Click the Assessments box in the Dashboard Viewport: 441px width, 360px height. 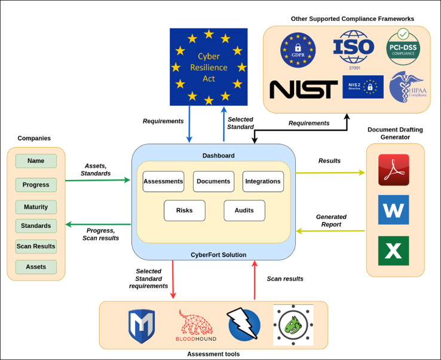163,181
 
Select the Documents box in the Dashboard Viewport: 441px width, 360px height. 213,181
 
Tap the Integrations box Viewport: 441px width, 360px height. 263,181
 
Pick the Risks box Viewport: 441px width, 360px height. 184,210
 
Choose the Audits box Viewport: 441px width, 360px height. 244,210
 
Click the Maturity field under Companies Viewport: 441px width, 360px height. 36,207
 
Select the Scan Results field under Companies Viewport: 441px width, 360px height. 36,246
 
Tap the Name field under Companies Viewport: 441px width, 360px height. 36,161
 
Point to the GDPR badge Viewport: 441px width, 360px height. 298,51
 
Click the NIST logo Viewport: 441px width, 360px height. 303,90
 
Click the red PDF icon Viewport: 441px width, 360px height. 393,170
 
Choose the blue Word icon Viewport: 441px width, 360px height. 393,210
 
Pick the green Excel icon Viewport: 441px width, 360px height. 393,251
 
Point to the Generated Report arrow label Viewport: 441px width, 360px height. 331,221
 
